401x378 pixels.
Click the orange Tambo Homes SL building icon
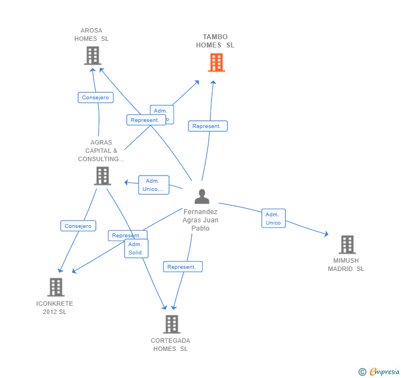coord(216,62)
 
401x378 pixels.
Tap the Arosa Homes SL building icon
coord(93,55)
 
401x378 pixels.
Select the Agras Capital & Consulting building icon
coord(102,175)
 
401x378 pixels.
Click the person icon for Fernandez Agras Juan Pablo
coord(202,196)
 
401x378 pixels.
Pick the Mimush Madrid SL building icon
coord(346,244)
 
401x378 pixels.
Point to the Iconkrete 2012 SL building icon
coord(56,287)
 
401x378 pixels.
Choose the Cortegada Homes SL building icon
coord(172,324)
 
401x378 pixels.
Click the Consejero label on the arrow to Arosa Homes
coord(95,98)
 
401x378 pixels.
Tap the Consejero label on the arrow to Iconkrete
coord(78,226)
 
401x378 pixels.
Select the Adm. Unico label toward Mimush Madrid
coord(273,219)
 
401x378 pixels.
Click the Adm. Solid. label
coord(136,248)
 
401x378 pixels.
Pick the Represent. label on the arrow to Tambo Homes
coord(208,126)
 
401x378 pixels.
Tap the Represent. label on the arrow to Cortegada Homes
coord(182,267)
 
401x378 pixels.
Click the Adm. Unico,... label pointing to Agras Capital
coord(154,185)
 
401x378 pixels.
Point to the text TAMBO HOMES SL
coord(215,41)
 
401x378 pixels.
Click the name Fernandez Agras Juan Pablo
coord(201,220)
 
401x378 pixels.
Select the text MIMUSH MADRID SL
coord(346,265)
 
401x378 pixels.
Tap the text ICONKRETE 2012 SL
coord(55,308)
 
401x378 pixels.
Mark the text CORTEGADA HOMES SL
coord(171,345)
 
